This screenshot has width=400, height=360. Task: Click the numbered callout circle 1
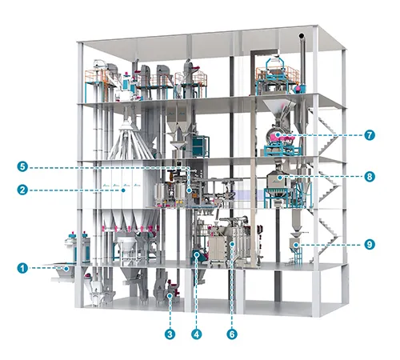22,268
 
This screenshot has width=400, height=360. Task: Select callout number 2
22,190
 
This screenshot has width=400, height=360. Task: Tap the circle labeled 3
170,334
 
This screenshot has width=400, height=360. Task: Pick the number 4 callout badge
197,334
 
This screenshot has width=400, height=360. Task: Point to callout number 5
22,167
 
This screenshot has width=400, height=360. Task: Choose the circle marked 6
232,334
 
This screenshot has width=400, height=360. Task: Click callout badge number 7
370,135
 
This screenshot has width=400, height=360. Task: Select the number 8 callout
370,177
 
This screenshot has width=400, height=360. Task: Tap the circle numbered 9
370,244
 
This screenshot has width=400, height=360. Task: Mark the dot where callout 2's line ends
123,190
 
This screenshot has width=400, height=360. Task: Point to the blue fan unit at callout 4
199,256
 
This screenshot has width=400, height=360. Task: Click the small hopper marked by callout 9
296,243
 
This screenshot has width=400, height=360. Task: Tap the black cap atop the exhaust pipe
302,35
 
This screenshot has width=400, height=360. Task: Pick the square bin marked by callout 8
278,179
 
